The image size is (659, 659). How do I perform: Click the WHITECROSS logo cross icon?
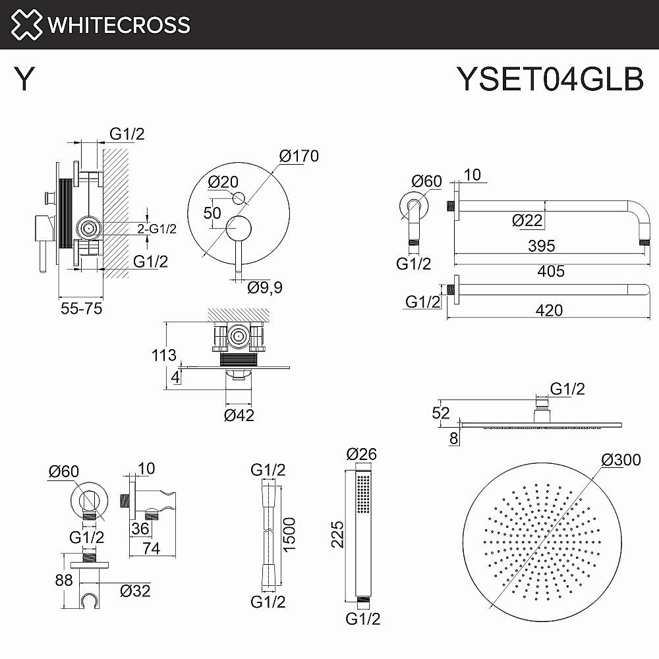[24, 25]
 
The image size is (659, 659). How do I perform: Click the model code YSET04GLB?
[550, 80]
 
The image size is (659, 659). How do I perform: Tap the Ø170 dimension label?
[299, 156]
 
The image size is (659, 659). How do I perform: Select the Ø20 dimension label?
[223, 182]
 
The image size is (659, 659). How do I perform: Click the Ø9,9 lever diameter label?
[265, 287]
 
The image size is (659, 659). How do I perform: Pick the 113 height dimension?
[163, 356]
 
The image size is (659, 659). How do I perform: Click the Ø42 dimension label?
[239, 415]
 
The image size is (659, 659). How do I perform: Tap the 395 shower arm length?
[541, 246]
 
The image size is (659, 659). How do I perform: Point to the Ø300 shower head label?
[621, 460]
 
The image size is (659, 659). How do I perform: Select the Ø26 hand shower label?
[362, 454]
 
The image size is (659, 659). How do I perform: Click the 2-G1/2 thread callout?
[157, 229]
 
